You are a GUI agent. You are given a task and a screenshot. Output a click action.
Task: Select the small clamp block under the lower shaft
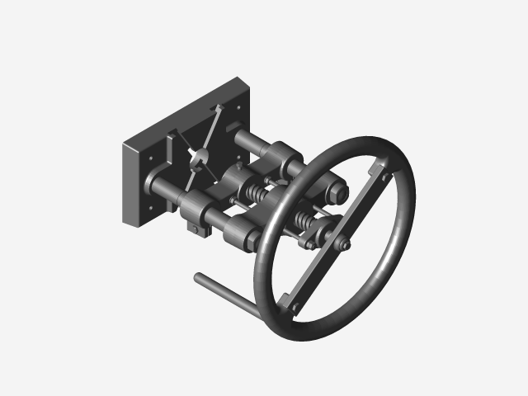196,225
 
